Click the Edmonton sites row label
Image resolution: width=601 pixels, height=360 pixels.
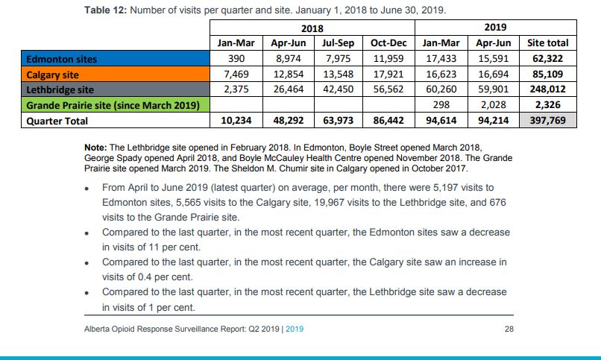[62, 59]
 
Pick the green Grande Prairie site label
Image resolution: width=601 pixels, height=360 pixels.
[111, 105]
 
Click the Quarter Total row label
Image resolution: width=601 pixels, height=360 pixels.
[57, 121]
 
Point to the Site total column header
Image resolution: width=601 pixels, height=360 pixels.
[547, 43]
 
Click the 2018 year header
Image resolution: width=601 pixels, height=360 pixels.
[312, 28]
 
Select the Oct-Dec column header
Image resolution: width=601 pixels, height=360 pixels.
[388, 43]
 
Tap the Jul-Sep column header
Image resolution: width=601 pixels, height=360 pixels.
[338, 43]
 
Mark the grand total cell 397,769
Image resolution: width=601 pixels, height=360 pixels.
[547, 121]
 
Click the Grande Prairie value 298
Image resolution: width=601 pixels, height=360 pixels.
[441, 105]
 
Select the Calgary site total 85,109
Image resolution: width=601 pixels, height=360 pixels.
[547, 75]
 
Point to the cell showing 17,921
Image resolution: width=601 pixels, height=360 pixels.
[388, 75]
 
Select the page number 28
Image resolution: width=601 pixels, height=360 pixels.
[509, 329]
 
